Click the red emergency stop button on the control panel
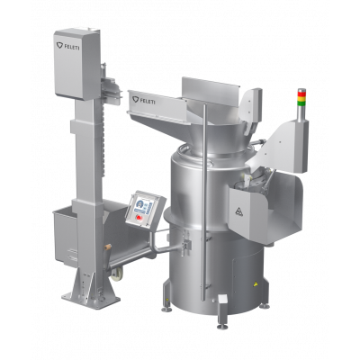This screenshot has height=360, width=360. pyautogui.click(x=139, y=217)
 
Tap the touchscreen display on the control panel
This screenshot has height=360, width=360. pyautogui.click(x=144, y=206)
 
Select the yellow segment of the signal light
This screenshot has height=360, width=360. pyautogui.click(x=301, y=96)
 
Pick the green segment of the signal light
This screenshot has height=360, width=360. pyautogui.click(x=301, y=102)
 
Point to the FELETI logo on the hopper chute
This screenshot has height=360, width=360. pyautogui.click(x=144, y=100)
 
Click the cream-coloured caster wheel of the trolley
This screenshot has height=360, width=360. pyautogui.click(x=117, y=274)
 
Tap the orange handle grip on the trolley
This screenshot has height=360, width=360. pyautogui.click(x=107, y=247)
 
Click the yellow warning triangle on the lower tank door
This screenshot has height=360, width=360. pyautogui.click(x=256, y=283)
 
